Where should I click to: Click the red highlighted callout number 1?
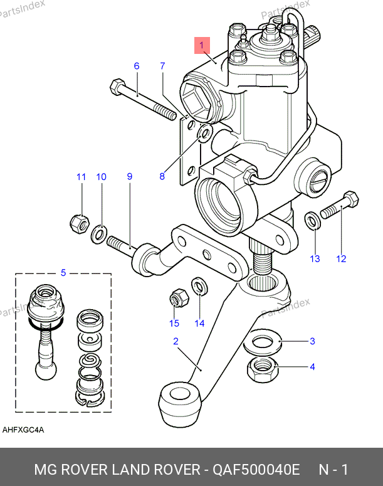click(202, 46)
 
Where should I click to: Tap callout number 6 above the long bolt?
click(136, 66)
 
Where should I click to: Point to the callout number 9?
click(130, 177)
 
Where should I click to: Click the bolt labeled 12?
click(339, 206)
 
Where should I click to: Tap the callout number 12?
click(341, 258)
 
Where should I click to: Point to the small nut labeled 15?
click(177, 298)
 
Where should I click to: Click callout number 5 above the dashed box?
click(63, 272)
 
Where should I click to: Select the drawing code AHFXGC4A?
click(23, 430)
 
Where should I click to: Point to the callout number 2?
click(176, 341)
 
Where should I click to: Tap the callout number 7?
click(162, 66)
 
